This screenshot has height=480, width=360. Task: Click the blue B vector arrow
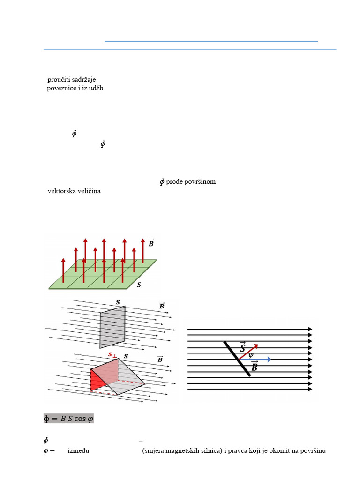point(260,360)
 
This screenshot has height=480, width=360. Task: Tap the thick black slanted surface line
point(237,359)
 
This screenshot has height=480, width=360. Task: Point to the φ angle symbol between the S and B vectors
point(251,355)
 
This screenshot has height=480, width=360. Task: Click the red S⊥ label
point(112,354)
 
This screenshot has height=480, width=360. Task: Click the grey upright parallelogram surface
point(112,327)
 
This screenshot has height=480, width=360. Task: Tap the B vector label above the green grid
point(151,243)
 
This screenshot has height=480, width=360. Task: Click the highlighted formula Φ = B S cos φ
point(68,419)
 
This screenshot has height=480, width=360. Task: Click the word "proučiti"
point(59,80)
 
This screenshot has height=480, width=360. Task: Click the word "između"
point(78,451)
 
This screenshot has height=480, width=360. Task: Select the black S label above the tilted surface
point(126,356)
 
